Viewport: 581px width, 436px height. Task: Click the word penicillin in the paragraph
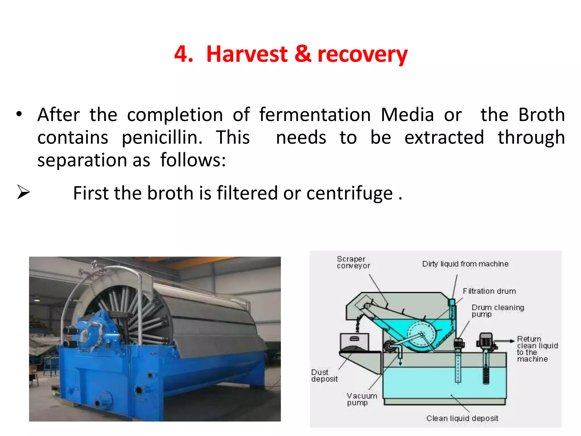(x=162, y=138)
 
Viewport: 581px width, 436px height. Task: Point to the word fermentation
(x=315, y=115)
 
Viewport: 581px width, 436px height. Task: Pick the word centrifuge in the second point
(x=350, y=194)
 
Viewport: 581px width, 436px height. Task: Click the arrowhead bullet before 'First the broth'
(x=23, y=192)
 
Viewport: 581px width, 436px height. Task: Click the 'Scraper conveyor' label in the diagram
(x=353, y=262)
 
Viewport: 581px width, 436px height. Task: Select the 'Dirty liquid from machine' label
(x=465, y=264)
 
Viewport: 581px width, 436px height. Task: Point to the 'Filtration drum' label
(x=489, y=291)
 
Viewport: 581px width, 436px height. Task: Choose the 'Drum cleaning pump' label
(x=498, y=311)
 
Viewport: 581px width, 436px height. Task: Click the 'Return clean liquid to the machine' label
(x=537, y=349)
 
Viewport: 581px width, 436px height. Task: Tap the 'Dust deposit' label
(x=324, y=376)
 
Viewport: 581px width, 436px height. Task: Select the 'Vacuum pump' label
(x=361, y=399)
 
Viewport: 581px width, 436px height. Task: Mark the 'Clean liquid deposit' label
(x=462, y=418)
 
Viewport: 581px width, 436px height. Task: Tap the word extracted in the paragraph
(x=444, y=138)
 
